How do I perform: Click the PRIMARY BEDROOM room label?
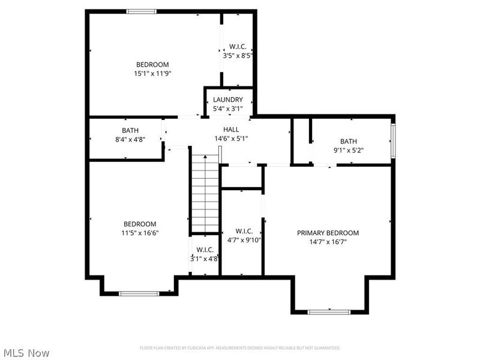point(328,233)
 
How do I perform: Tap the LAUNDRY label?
point(227,100)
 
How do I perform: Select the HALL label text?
point(231,130)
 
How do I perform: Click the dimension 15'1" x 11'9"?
point(152,74)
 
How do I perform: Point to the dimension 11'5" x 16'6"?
point(140,233)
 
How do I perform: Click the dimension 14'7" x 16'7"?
point(328,242)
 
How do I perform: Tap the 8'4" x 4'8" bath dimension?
point(130,139)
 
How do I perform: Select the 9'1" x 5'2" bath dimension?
point(348,151)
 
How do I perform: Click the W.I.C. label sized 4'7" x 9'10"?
point(244,231)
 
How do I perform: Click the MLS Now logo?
point(26,353)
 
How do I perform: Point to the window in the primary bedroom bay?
point(328,311)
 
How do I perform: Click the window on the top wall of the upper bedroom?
point(142,11)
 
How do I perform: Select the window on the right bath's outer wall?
point(393,140)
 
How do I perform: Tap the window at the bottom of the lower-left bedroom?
point(139,293)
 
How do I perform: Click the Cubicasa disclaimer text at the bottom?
point(240,348)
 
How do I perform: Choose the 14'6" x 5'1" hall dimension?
point(231,139)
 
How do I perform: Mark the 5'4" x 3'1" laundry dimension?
point(227,109)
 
